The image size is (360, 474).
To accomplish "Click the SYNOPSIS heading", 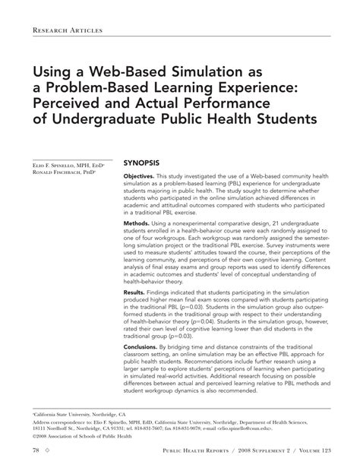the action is pyautogui.click(x=141, y=163).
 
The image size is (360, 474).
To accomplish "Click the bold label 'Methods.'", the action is pyautogui.click(x=140, y=241).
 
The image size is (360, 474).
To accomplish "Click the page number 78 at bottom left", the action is pyautogui.click(x=36, y=450).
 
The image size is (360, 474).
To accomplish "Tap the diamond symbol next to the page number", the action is pyautogui.click(x=47, y=450).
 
